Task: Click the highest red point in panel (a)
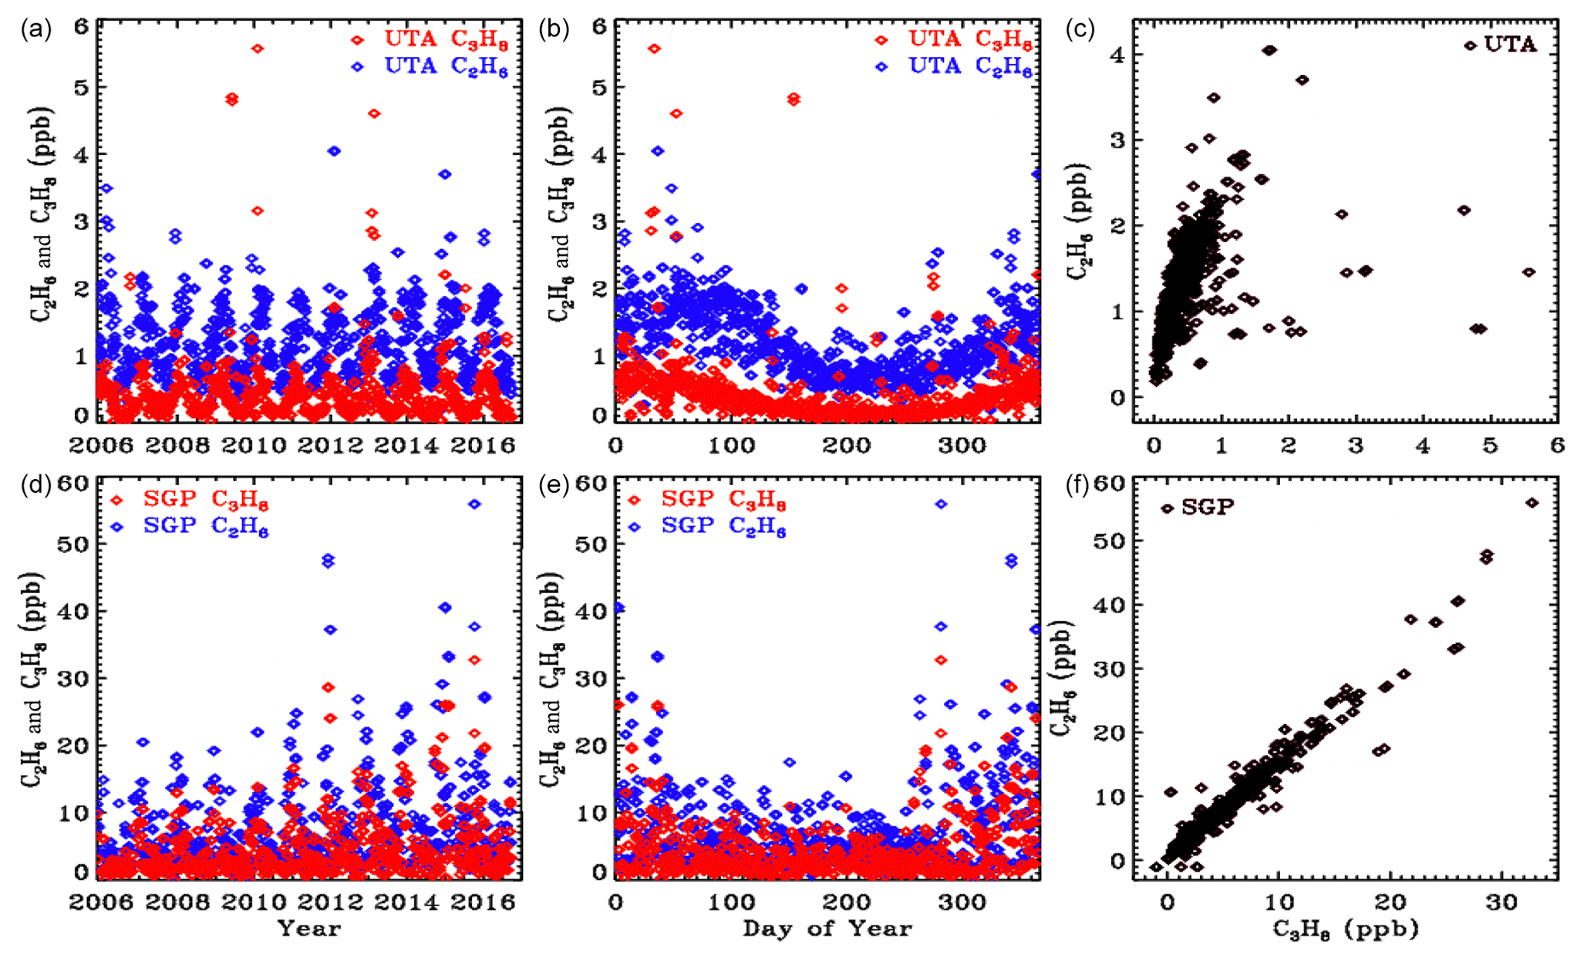[258, 49]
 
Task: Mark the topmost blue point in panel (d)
[475, 504]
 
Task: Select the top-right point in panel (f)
[1532, 503]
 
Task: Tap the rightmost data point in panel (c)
[1529, 271]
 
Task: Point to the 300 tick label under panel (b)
[962, 446]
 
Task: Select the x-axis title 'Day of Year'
[827, 929]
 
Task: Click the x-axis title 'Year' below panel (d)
[309, 928]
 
